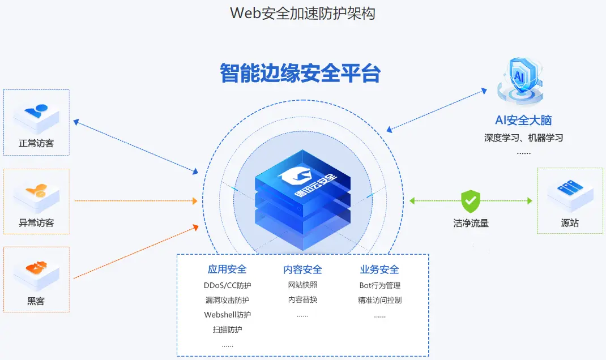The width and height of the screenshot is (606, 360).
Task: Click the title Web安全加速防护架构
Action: (x=302, y=13)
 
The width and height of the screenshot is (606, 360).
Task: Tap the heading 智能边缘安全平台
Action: (x=300, y=73)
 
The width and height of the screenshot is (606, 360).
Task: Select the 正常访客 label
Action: (x=36, y=144)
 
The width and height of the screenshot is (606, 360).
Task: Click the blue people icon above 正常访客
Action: (x=37, y=112)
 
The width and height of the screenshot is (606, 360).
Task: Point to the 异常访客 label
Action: (x=36, y=223)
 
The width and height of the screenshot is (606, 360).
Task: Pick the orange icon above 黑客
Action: (x=37, y=268)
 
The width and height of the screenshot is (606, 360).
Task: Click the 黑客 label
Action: (x=36, y=301)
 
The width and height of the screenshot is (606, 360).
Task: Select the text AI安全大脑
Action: (x=523, y=120)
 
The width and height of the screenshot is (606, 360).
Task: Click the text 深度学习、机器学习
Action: (x=523, y=138)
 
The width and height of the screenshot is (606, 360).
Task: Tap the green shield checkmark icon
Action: (x=471, y=201)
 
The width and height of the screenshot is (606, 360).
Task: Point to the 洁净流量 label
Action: (x=471, y=223)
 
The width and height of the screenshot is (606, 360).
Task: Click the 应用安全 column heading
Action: (x=227, y=269)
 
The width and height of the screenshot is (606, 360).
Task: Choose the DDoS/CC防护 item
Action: (x=227, y=285)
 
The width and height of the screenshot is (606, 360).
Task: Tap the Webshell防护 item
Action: (x=227, y=315)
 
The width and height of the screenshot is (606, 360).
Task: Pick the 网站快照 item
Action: (x=302, y=285)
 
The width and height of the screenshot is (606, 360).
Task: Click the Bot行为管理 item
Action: (x=379, y=285)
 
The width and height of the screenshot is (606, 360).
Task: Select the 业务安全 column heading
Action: (x=379, y=269)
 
